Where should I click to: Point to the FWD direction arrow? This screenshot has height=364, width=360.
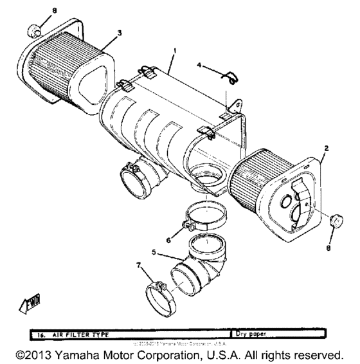point(29,304)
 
